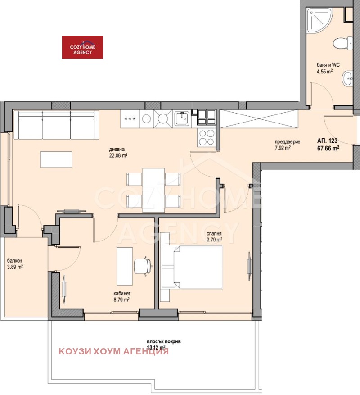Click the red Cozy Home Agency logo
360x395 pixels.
82,47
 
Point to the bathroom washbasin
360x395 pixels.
347,78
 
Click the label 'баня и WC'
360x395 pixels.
328,65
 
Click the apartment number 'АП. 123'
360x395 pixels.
327,141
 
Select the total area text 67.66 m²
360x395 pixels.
328,148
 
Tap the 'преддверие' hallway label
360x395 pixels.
287,141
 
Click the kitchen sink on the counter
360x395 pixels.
183,118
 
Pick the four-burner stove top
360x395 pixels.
207,137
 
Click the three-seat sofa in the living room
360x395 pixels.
56,125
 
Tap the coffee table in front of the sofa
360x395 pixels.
56,159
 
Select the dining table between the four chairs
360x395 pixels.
153,190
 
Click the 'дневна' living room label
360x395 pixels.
117,149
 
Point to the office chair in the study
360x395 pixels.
143,266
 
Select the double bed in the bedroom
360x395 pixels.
192,267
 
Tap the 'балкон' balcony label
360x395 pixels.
14,260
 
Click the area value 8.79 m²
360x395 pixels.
121,300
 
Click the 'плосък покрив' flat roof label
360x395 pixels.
164,341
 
